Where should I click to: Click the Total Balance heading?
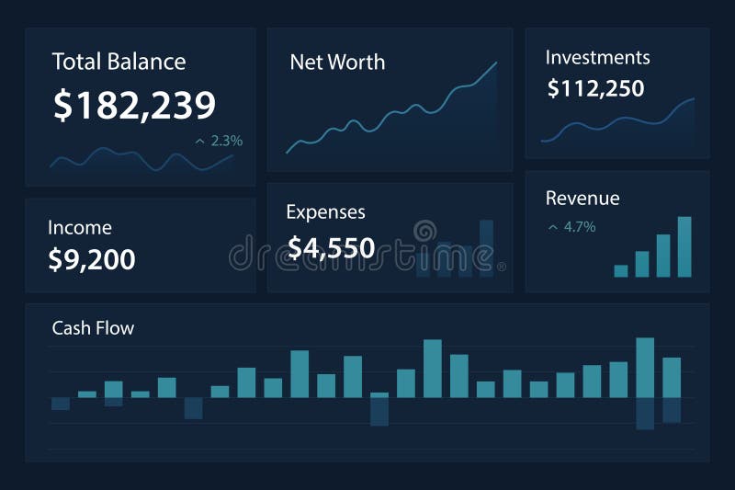point(119,62)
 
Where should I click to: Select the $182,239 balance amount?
point(134,106)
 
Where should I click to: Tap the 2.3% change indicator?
point(226,141)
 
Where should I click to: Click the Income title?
point(80,228)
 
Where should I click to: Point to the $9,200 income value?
point(91,259)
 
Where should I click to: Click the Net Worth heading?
point(337,63)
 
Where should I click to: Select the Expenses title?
point(325,212)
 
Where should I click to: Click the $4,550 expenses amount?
point(331,247)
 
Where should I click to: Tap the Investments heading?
point(597,57)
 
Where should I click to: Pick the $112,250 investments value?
point(595,88)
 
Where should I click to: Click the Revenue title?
point(582,199)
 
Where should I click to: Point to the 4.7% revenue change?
point(580,226)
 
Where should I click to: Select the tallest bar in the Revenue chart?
point(684,246)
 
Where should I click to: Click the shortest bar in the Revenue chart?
point(621,270)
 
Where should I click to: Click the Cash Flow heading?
point(93,328)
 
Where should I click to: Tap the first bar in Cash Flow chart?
point(61,404)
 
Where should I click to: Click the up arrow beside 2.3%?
point(199,142)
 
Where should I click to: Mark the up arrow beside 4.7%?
point(552,226)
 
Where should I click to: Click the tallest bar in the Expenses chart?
point(487,247)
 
